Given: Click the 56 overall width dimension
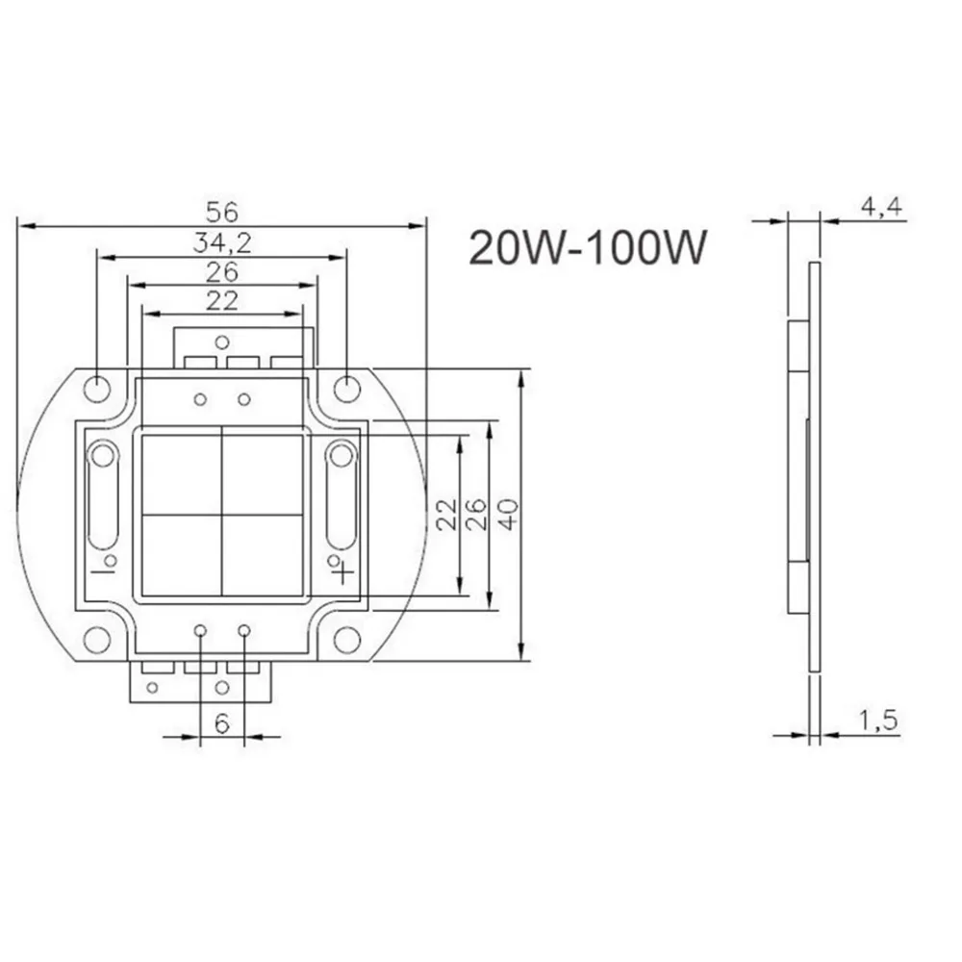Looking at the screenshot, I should (221, 210).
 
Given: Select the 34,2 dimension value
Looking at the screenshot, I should (221, 241).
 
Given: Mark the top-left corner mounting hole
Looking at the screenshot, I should (97, 388).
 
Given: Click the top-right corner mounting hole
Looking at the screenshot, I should (346, 388).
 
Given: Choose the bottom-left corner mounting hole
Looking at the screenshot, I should (97, 639).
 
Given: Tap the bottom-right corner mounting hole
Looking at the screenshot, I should (346, 639).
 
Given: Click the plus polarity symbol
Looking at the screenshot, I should (343, 574).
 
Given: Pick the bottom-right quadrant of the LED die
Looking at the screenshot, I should (264, 553).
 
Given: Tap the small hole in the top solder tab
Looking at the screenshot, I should (222, 340).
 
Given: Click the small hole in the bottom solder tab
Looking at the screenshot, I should (222, 687).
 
